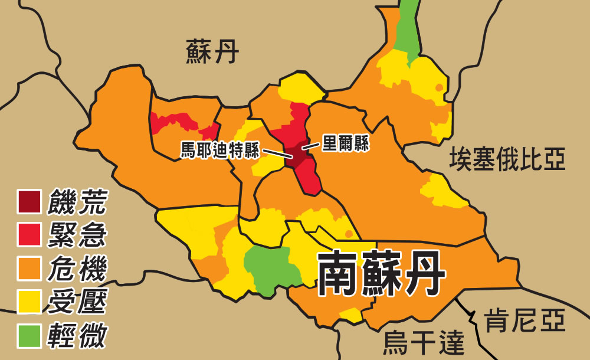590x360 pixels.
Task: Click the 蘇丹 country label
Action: pyautogui.click(x=212, y=52)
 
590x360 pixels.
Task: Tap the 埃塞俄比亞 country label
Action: pyautogui.click(x=507, y=159)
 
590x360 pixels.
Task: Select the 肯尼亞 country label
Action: pyautogui.click(x=525, y=322)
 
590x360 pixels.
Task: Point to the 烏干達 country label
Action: pyautogui.click(x=424, y=342)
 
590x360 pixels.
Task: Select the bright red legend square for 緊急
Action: pyautogui.click(x=29, y=235)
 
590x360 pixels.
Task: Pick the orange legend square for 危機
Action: pyautogui.click(x=29, y=269)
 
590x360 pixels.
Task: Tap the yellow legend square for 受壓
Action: pyautogui.click(x=29, y=302)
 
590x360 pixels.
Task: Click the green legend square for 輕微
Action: pyautogui.click(x=29, y=335)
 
